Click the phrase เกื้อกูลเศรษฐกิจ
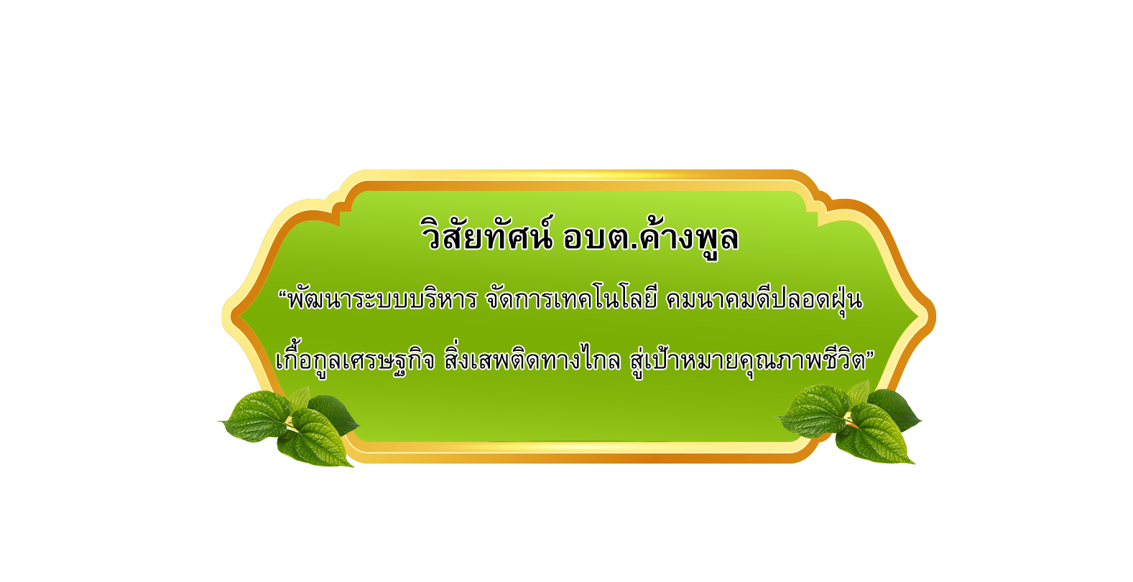(x=355, y=360)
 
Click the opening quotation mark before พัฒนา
(x=282, y=294)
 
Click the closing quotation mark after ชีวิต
(x=870, y=354)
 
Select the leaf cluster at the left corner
(x=290, y=428)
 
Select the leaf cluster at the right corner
(x=850, y=423)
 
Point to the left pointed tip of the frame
(x=223, y=316)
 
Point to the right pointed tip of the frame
(x=935, y=316)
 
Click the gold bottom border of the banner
(x=577, y=452)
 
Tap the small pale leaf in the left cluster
(x=300, y=398)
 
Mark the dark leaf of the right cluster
(x=895, y=409)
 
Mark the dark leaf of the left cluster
(x=334, y=414)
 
